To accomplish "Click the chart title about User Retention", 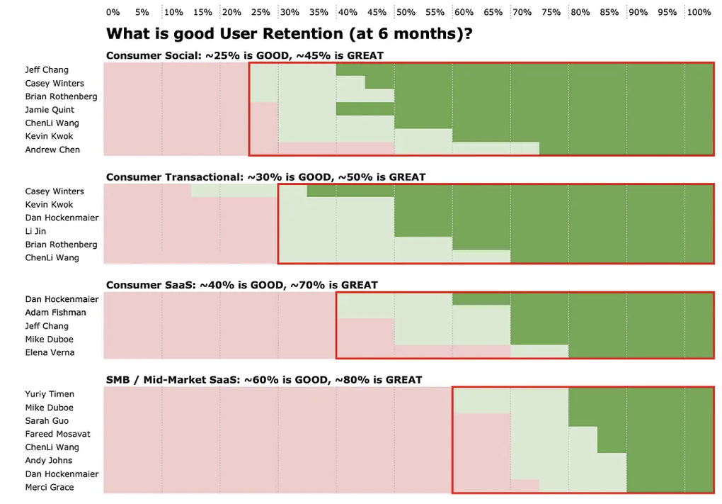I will click(289, 33).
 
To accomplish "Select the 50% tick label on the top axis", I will click(406, 12).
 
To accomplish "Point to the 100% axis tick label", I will click(699, 12).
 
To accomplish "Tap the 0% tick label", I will click(113, 12).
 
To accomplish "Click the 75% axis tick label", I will click(551, 12).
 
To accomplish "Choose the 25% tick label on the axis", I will click(260, 12).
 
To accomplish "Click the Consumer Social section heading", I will click(245, 55).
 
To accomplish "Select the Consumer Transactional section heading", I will click(265, 177).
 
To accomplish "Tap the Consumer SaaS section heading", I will click(241, 285).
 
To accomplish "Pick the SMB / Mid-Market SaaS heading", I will click(264, 380).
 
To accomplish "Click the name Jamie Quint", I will click(50, 110).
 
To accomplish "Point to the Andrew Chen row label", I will click(52, 150).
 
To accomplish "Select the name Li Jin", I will click(35, 231).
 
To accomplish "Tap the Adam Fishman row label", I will click(55, 313).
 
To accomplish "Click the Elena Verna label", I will click(50, 352).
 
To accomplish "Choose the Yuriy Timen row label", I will click(50, 394).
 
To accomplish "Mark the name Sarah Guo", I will click(47, 421).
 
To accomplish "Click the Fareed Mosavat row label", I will click(57, 434).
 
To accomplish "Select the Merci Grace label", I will click(50, 488).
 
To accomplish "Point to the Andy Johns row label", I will click(49, 461).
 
